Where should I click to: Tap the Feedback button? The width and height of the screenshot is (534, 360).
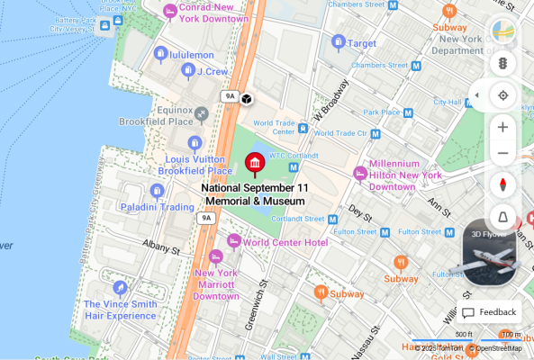(490, 312)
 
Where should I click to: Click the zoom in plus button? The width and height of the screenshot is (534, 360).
(502, 126)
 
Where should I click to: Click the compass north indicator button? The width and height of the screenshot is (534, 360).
(502, 184)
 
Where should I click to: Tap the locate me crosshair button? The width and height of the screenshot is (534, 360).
(502, 95)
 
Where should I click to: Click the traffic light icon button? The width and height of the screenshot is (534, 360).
(502, 64)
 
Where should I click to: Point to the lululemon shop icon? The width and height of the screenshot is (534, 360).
(160, 54)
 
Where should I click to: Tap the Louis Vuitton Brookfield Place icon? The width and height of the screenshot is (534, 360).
(195, 143)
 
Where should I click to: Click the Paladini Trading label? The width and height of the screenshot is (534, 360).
(158, 207)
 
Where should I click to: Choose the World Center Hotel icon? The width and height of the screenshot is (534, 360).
(233, 241)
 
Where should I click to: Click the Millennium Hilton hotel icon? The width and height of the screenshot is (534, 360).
(360, 173)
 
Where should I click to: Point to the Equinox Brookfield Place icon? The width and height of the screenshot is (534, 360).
(202, 113)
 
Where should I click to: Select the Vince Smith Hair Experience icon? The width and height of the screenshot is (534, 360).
(120, 288)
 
